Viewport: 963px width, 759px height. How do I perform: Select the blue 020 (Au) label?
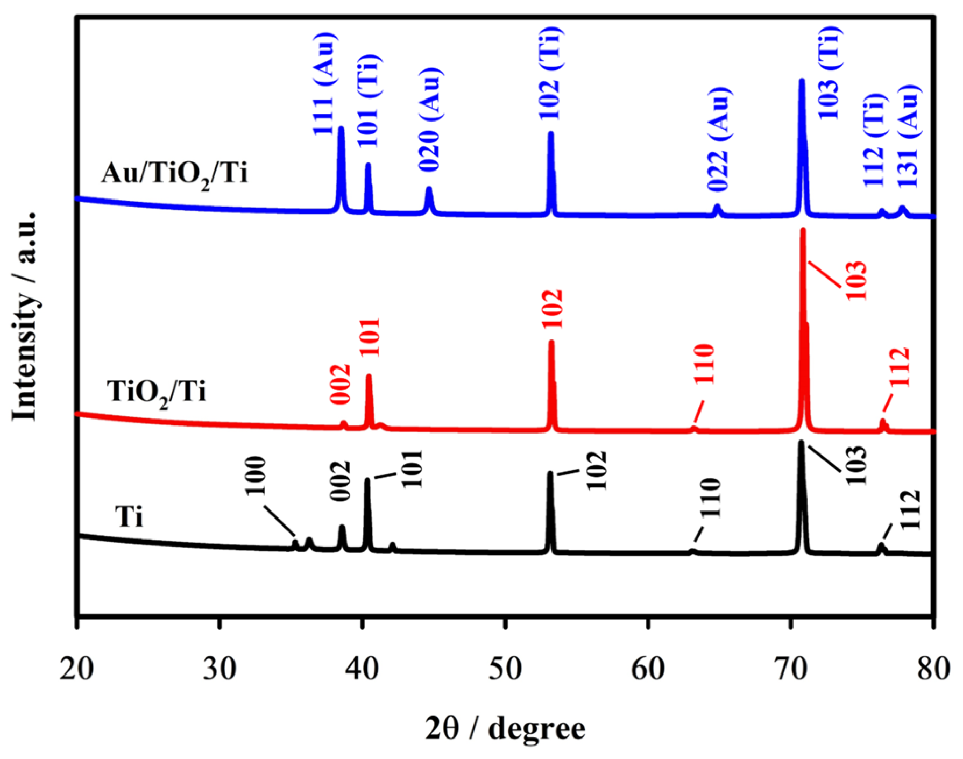tap(429, 119)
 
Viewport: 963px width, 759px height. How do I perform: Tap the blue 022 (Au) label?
tap(718, 139)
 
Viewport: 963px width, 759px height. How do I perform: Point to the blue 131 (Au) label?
tap(909, 137)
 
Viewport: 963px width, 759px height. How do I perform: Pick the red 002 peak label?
tap(340, 384)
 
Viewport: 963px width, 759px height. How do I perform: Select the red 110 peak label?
tap(704, 364)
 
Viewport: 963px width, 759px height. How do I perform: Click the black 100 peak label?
tap(255, 476)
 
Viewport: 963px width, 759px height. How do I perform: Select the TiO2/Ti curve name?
tap(157, 392)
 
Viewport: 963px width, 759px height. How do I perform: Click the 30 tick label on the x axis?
tap(219, 670)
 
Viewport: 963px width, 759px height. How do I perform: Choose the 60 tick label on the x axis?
tap(648, 670)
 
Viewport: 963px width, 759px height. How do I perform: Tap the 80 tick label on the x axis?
tap(933, 670)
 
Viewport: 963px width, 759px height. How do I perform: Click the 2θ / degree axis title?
tap(505, 729)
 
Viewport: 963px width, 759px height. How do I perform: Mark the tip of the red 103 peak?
tap(803, 230)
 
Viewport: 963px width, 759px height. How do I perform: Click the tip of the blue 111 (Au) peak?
tap(341, 128)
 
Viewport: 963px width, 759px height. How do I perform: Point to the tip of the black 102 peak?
tap(550, 473)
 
